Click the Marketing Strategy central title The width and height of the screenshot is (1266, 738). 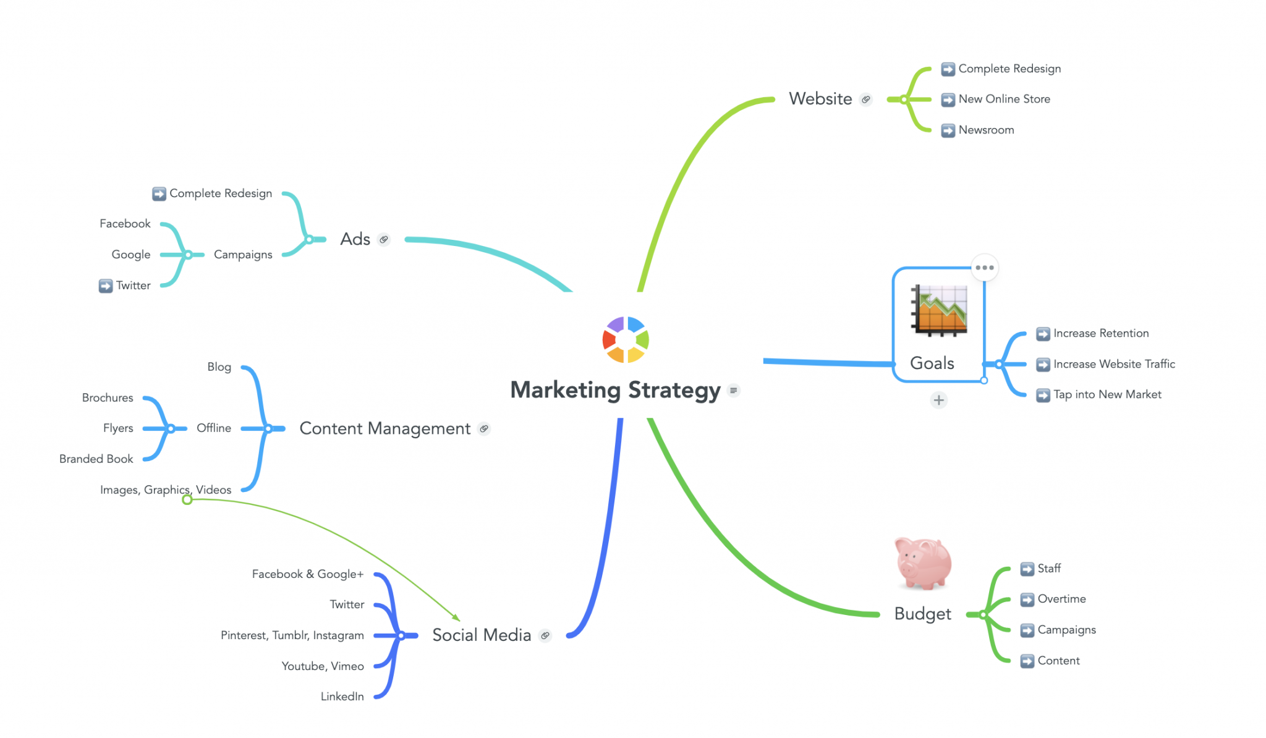point(615,390)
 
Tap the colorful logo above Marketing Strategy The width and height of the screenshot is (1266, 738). point(626,339)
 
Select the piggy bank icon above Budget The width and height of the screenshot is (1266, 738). point(923,562)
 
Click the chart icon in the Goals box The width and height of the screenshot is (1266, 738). point(939,310)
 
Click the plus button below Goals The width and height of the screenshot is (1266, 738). point(938,401)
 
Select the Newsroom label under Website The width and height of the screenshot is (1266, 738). point(986,130)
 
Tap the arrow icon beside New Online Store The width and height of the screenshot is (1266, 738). point(948,100)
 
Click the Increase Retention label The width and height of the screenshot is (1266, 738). point(1101,333)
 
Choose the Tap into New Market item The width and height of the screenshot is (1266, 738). point(1107,394)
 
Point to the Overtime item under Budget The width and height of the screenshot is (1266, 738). point(1061,599)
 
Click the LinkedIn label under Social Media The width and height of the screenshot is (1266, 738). point(342,697)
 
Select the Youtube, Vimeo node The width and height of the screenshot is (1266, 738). point(323,666)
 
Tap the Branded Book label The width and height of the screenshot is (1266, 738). point(96,459)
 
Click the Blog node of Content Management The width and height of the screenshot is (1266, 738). point(219,367)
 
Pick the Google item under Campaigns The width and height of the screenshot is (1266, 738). point(131,255)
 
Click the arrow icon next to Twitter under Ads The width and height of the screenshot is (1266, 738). point(106,286)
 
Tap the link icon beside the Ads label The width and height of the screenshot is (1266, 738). point(384,239)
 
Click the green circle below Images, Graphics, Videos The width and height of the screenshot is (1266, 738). point(187,499)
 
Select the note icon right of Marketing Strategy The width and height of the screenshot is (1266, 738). point(734,390)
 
